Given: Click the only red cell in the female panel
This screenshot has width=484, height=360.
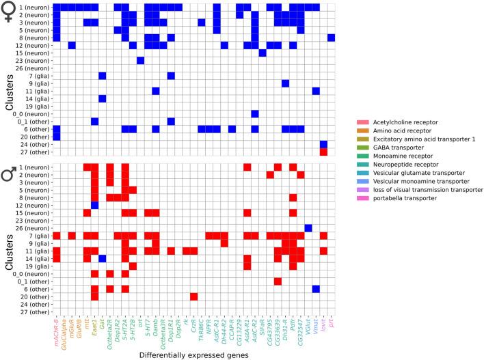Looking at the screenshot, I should [x=323, y=152].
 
